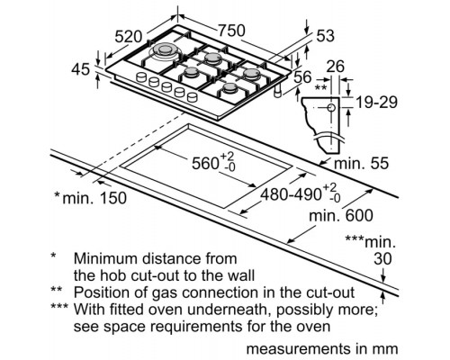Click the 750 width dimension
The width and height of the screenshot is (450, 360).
(x=231, y=31)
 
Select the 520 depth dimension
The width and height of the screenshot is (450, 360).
(x=129, y=37)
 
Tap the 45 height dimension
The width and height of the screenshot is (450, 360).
(x=80, y=69)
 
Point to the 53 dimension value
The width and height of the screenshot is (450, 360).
(x=326, y=36)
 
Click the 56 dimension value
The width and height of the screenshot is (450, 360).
(x=302, y=77)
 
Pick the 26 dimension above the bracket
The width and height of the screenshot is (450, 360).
(x=336, y=67)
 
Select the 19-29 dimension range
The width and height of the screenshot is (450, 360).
(x=376, y=103)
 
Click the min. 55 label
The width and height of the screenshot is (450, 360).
(x=361, y=164)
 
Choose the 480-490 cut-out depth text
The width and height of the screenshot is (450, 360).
(x=291, y=194)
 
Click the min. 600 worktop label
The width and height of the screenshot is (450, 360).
(x=341, y=215)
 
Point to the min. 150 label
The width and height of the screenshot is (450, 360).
(x=94, y=198)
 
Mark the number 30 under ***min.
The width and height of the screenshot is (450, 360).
(x=382, y=259)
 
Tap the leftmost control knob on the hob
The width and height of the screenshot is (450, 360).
(x=140, y=77)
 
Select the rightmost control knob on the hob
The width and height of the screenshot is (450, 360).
(x=193, y=97)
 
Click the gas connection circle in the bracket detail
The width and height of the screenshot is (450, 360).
(x=331, y=107)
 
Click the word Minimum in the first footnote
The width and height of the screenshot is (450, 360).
(x=105, y=258)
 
